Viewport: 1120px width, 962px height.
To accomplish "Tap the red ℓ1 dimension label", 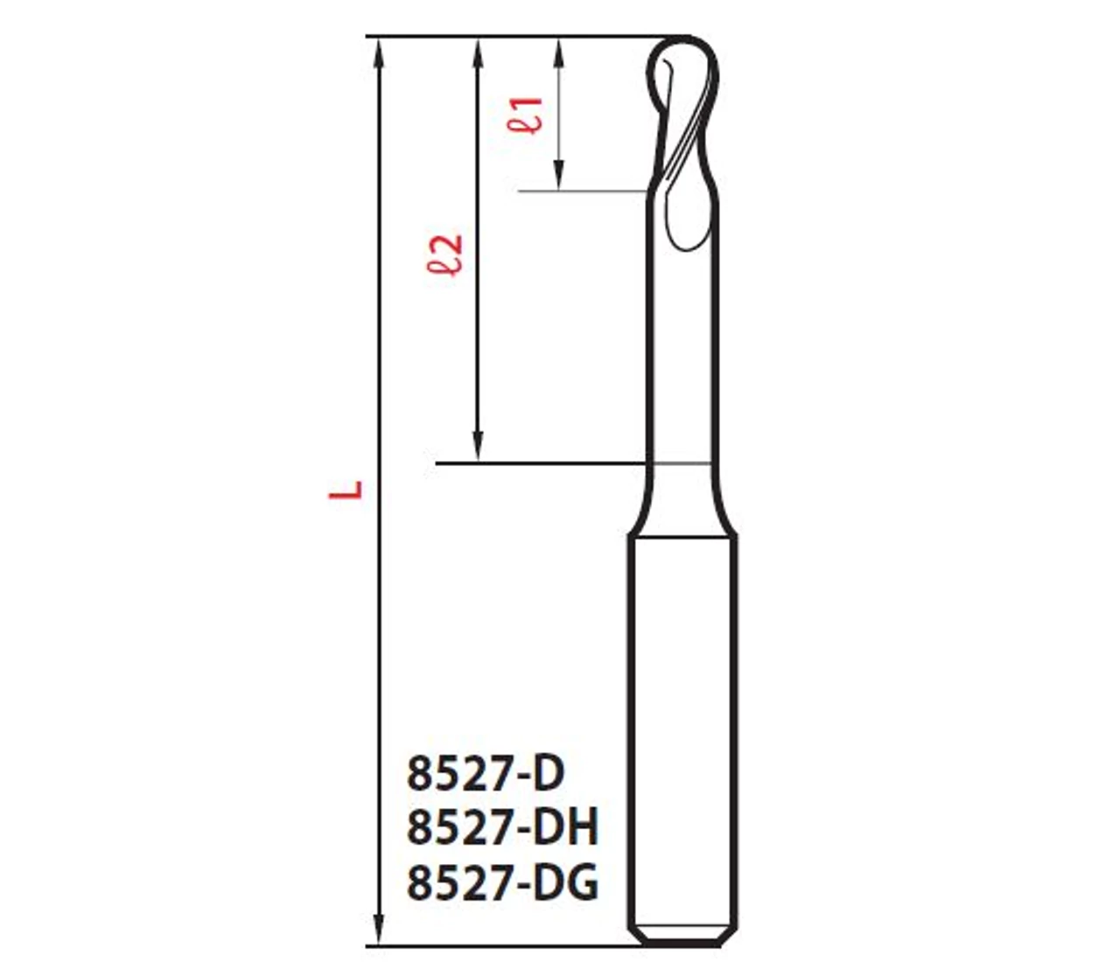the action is pyautogui.click(x=524, y=115).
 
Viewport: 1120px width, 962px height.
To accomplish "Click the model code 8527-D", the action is pyautogui.click(x=486, y=773).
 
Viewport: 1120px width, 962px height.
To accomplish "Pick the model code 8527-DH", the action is pyautogui.click(x=502, y=827).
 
